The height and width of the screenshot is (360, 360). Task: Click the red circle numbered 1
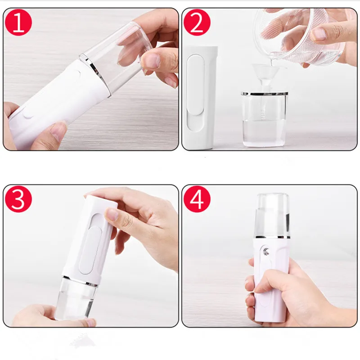(18, 22)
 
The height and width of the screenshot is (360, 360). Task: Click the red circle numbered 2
(197, 22)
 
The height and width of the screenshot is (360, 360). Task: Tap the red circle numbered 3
(18, 199)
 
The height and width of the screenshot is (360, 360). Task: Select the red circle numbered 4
(197, 199)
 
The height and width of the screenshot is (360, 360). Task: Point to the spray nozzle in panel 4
(266, 252)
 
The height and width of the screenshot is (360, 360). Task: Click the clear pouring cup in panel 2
(298, 35)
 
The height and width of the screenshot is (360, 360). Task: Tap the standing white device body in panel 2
(199, 98)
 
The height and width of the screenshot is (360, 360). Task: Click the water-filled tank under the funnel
(265, 119)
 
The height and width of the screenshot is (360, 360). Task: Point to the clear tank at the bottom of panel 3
(76, 298)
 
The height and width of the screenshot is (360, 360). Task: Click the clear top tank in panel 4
(272, 215)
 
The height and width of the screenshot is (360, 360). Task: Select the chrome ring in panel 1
(94, 73)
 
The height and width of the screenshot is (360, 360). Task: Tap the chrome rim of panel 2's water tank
(265, 94)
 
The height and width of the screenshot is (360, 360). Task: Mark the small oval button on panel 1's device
(28, 114)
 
